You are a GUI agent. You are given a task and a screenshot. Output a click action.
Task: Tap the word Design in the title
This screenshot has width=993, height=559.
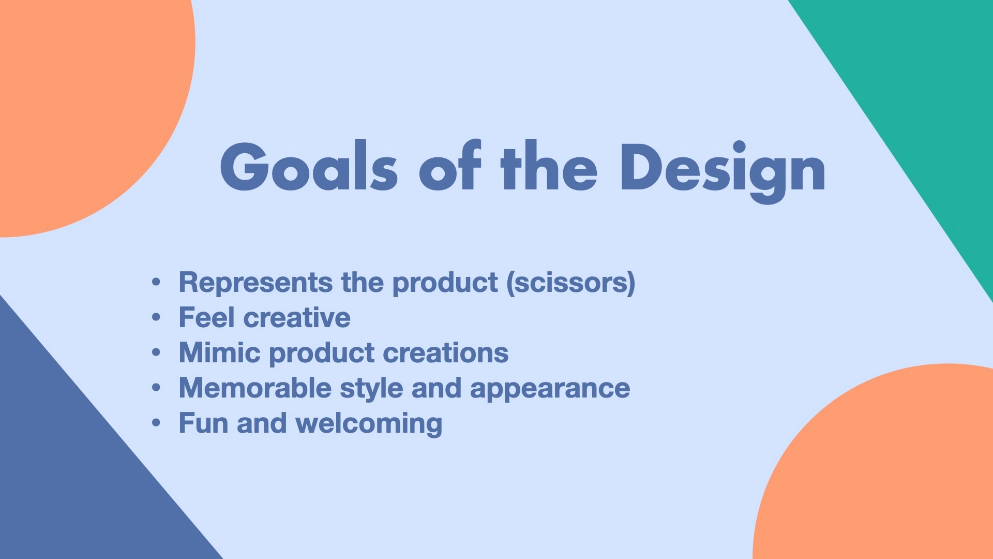723,171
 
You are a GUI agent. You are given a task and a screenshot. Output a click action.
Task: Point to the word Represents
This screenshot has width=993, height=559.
255,283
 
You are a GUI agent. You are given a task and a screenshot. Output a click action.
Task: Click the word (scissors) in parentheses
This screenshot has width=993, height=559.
571,283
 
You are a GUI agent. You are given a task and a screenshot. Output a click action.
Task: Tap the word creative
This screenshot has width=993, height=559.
297,317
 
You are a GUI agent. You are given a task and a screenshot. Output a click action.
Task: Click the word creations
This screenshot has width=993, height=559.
446,353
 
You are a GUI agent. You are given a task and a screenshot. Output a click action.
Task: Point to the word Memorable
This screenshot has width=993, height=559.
255,388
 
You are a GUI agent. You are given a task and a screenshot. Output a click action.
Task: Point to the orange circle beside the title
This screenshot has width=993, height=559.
88,104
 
